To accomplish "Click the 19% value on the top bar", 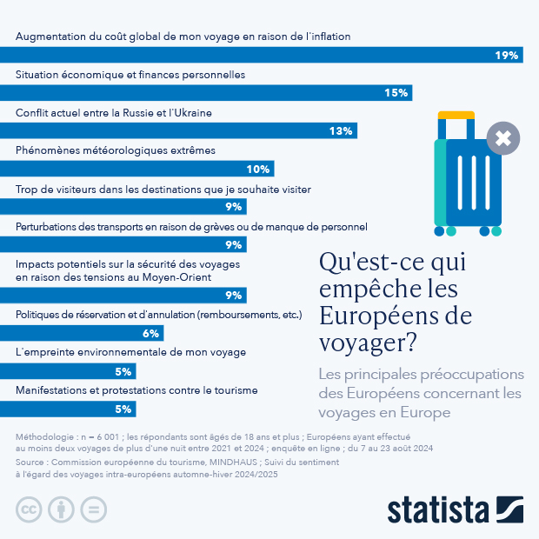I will pyautogui.click(x=507, y=56).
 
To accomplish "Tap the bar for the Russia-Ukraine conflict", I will pyautogui.click(x=178, y=131).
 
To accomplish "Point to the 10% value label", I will pyautogui.click(x=257, y=169).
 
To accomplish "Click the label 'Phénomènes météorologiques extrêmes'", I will pyautogui.click(x=116, y=150).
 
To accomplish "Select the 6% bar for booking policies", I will pyautogui.click(x=82, y=333).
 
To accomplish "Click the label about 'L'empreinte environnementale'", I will pyautogui.click(x=131, y=352).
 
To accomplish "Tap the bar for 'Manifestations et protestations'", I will pyautogui.click(x=68, y=409).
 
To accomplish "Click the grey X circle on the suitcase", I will pyautogui.click(x=503, y=137).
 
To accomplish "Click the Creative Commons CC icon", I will pyautogui.click(x=30, y=509).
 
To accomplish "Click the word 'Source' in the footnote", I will pyautogui.click(x=32, y=463).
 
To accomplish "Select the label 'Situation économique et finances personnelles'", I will pyautogui.click(x=130, y=75).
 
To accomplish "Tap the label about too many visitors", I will pyautogui.click(x=163, y=189).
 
